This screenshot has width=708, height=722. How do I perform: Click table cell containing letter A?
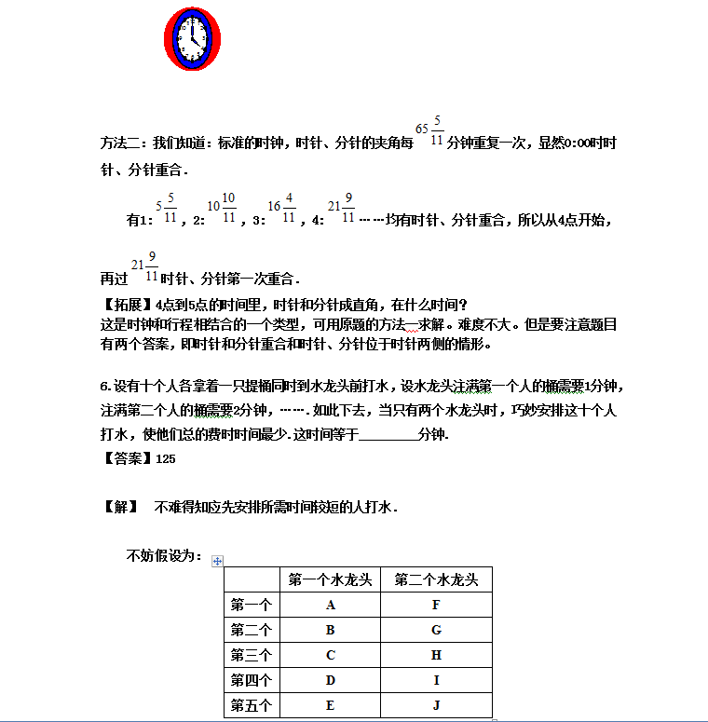[331, 606]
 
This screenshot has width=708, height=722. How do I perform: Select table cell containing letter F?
[436, 606]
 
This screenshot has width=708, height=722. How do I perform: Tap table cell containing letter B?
[331, 631]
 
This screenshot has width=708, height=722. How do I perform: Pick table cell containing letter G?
[436, 631]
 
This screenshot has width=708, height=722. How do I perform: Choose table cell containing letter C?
[331, 656]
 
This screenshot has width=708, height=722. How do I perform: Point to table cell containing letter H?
[436, 656]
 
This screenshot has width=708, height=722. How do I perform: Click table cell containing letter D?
[331, 681]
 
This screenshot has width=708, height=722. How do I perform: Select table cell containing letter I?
[436, 681]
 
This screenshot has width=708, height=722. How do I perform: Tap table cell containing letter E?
[331, 706]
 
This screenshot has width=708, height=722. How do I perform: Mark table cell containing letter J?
[436, 706]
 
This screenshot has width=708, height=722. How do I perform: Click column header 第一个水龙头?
[331, 580]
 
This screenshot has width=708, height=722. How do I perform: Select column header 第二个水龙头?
[436, 580]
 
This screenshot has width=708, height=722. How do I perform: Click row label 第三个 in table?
[252, 656]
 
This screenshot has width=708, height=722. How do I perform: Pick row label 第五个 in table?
[252, 706]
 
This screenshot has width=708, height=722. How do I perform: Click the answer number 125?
[165, 458]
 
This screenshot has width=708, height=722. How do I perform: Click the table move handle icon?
[218, 561]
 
